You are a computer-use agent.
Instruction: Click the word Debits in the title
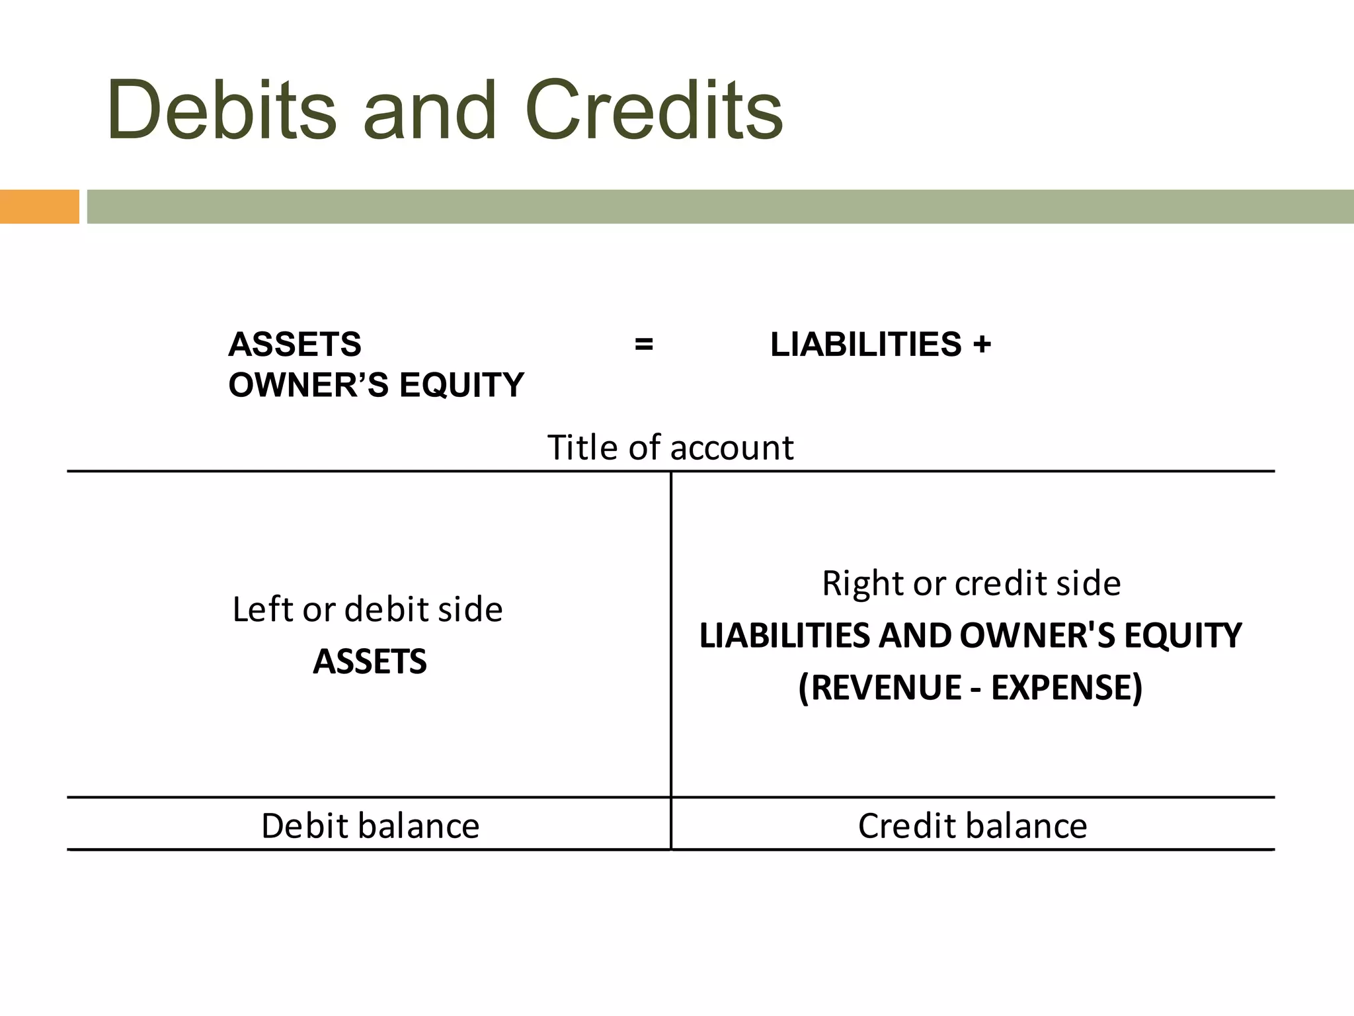point(221,110)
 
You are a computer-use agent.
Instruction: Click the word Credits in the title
point(654,110)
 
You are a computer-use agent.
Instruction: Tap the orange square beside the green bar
point(39,206)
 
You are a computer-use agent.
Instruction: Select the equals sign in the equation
point(643,345)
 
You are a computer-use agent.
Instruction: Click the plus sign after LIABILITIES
point(982,345)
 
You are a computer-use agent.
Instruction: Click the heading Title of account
point(670,448)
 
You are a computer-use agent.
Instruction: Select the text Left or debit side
point(368,609)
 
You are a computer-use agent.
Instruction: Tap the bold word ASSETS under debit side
point(370,661)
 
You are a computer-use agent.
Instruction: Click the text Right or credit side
point(971,583)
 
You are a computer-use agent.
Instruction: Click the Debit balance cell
point(370,825)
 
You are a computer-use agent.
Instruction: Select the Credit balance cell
point(972,825)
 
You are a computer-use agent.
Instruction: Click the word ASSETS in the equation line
point(295,345)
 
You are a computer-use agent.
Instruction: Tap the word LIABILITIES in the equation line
point(866,345)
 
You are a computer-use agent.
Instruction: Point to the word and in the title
point(430,110)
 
